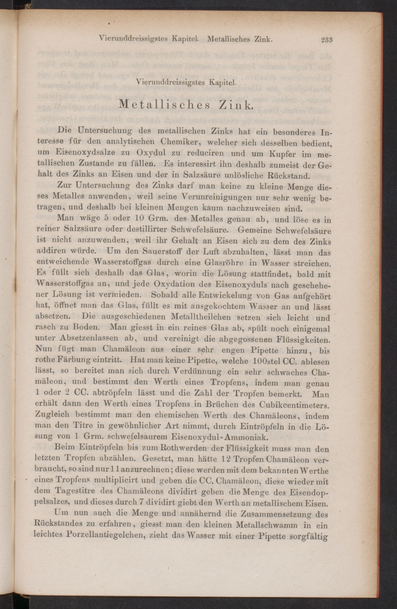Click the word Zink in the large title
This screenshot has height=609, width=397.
click(236, 105)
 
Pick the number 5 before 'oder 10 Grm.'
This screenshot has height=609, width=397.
click(106, 219)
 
